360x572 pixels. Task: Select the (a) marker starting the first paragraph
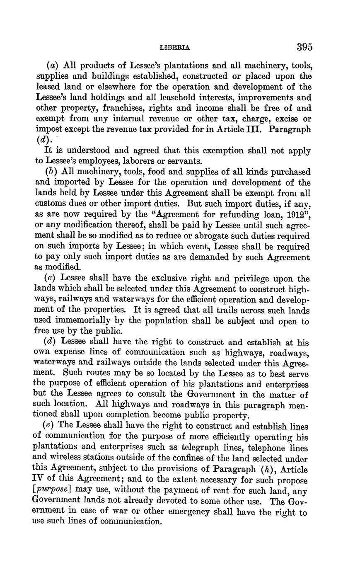[x=51, y=66]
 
